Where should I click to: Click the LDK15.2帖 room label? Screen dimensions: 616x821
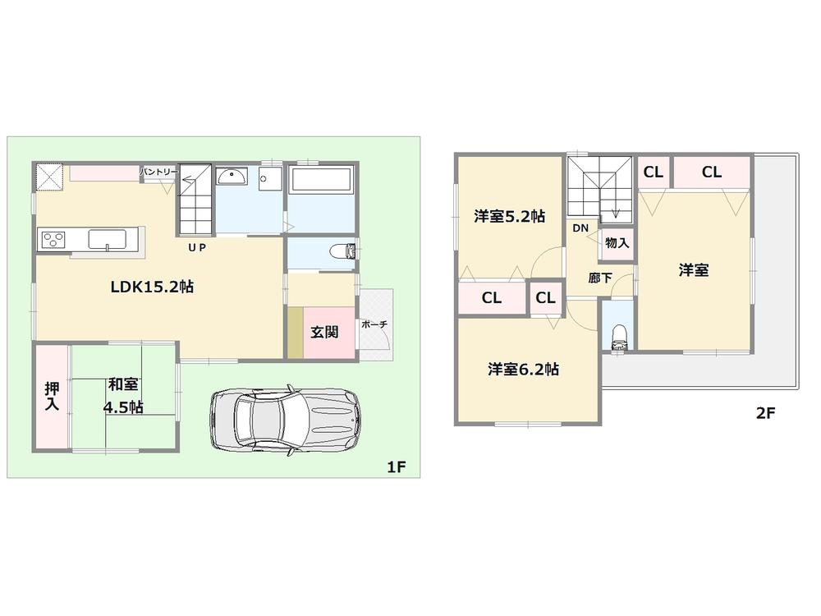pos(152,287)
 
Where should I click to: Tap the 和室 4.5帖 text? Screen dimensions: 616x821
pos(123,395)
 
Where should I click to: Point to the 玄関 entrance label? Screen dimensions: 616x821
pos(323,333)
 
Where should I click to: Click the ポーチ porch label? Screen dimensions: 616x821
pos(374,324)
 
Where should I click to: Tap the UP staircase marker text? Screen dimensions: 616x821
pos(196,246)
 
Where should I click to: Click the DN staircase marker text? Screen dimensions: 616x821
pos(580,228)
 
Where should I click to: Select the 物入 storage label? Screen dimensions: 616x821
pos(617,243)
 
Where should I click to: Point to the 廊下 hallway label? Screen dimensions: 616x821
pos(600,278)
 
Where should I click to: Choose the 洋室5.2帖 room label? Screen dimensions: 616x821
pos(509,217)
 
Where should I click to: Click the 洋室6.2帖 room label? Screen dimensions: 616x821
pos(523,369)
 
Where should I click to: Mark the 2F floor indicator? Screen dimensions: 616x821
pos(765,413)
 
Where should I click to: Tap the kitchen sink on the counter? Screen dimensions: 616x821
pos(107,239)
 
